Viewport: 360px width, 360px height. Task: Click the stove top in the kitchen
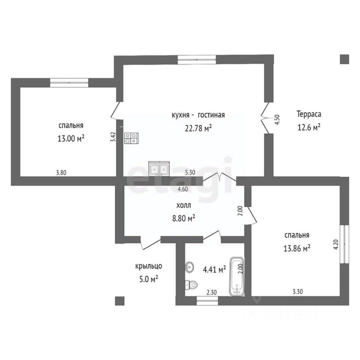[131, 138]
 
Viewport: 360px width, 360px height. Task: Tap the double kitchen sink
[159, 168]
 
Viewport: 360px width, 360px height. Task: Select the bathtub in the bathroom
[237, 276]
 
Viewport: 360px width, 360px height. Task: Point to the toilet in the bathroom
[191, 285]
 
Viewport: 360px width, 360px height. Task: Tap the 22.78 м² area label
[198, 128]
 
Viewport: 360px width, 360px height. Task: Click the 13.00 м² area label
[71, 139]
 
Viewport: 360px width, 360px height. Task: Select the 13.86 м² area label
[297, 248]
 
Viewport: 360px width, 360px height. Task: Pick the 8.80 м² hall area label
[184, 218]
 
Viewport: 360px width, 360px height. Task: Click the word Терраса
[309, 114]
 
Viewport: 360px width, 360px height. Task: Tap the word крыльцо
[148, 266]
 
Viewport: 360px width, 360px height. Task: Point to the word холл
[183, 205]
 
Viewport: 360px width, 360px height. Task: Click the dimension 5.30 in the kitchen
[190, 172]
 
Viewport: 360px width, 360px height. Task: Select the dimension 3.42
[113, 137]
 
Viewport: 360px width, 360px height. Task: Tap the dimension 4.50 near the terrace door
[277, 120]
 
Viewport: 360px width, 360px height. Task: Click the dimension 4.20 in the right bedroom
[336, 244]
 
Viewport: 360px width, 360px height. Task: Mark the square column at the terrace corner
[344, 59]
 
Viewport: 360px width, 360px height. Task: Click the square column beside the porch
[120, 301]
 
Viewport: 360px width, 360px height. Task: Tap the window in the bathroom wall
[207, 301]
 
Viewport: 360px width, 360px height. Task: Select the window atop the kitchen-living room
[197, 60]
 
